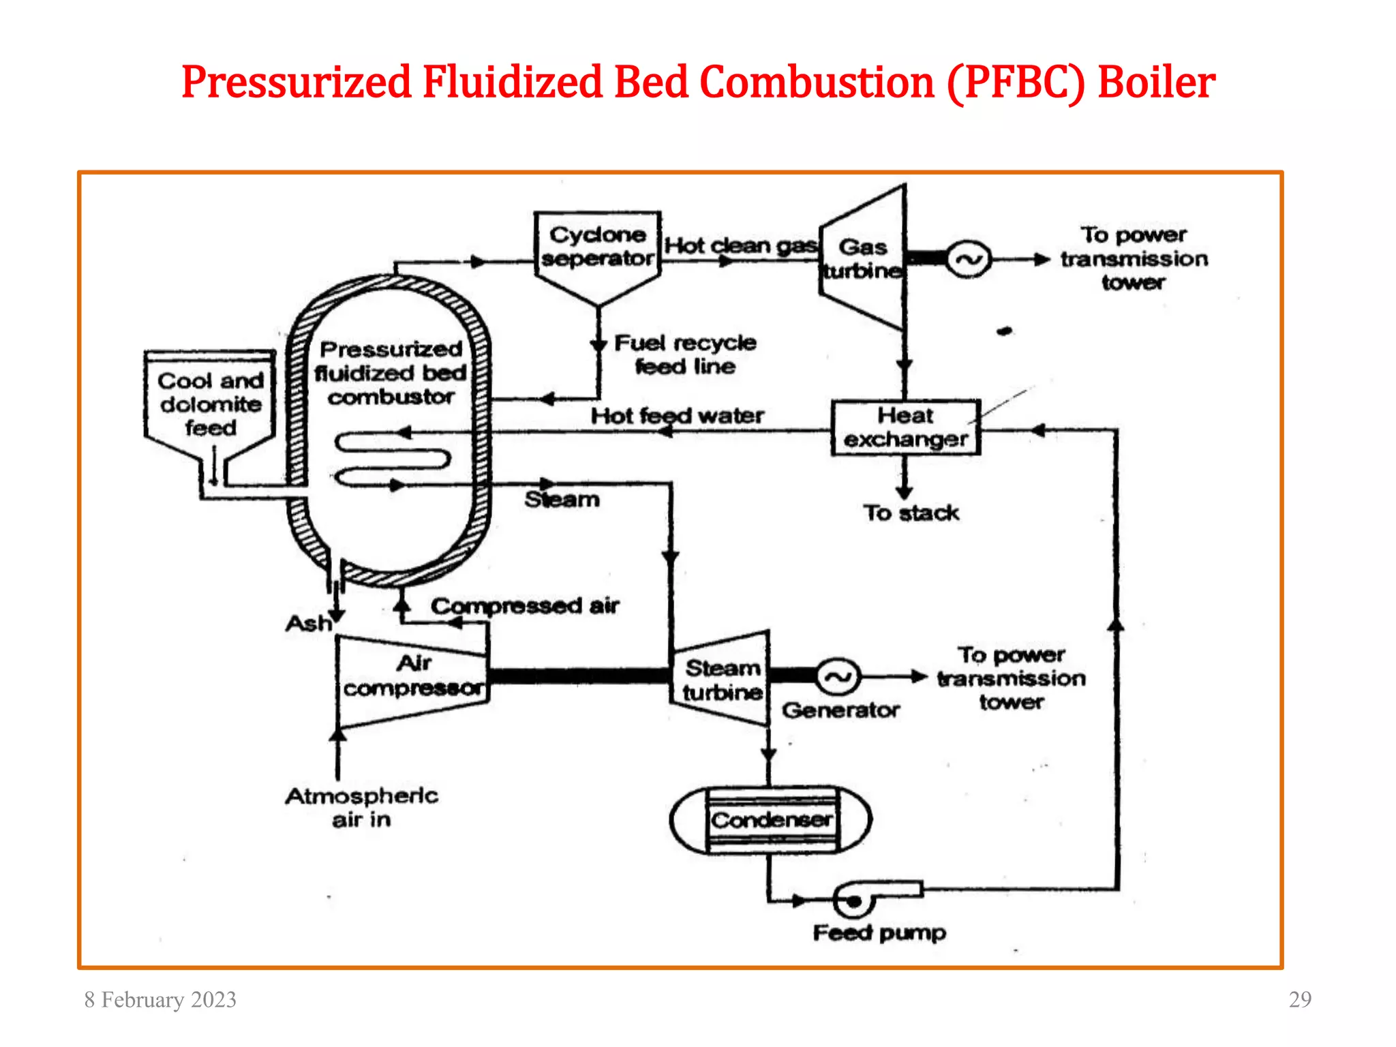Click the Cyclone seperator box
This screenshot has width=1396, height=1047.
pyautogui.click(x=597, y=249)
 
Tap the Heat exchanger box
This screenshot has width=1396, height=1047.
pyautogui.click(x=905, y=427)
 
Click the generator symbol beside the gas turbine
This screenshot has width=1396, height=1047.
pyautogui.click(x=969, y=260)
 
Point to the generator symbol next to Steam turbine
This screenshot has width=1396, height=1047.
pyautogui.click(x=838, y=677)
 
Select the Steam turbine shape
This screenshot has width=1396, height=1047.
pyautogui.click(x=722, y=679)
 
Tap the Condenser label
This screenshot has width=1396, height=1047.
pyautogui.click(x=772, y=820)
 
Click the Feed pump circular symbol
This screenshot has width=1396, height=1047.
pyautogui.click(x=853, y=902)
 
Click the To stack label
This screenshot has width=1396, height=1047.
pyautogui.click(x=911, y=513)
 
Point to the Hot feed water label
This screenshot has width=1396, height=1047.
pyautogui.click(x=677, y=416)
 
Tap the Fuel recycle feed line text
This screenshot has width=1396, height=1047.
pyautogui.click(x=685, y=354)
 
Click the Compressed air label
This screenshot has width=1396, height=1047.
pyautogui.click(x=525, y=605)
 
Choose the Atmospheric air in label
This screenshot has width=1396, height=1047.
pyautogui.click(x=361, y=807)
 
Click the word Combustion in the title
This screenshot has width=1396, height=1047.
pyautogui.click(x=817, y=82)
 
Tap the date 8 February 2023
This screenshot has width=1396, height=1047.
pyautogui.click(x=160, y=1000)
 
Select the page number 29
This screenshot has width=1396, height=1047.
pyautogui.click(x=1300, y=999)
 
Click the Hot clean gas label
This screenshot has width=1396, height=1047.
pyautogui.click(x=740, y=245)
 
